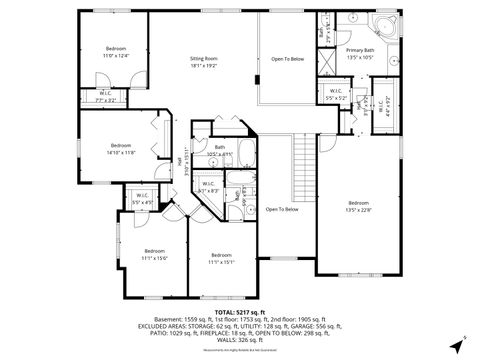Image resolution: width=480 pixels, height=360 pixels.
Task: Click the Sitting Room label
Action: [x=204, y=62]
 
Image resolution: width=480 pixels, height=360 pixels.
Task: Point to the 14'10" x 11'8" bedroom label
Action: [x=121, y=148]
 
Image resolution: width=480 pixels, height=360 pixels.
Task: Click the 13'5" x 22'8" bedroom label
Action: [x=358, y=206]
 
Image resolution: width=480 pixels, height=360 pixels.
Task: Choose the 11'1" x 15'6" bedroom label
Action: [x=153, y=254]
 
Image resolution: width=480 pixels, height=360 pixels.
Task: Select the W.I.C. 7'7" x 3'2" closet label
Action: [x=105, y=97]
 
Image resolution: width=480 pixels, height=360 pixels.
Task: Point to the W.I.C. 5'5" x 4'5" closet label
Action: [x=142, y=199]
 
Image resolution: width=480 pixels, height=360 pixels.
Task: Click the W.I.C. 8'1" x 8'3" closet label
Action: [x=209, y=187]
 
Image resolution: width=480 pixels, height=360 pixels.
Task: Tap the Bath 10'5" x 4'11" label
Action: [x=220, y=151]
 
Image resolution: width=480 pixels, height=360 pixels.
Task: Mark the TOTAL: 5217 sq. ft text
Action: [x=239, y=312]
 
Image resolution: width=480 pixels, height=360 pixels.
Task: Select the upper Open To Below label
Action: [x=287, y=59]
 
